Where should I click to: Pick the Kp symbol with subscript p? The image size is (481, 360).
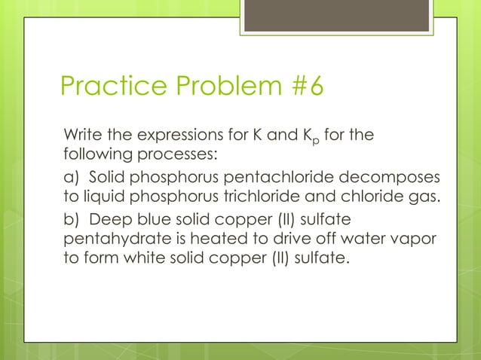pos(323,137)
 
